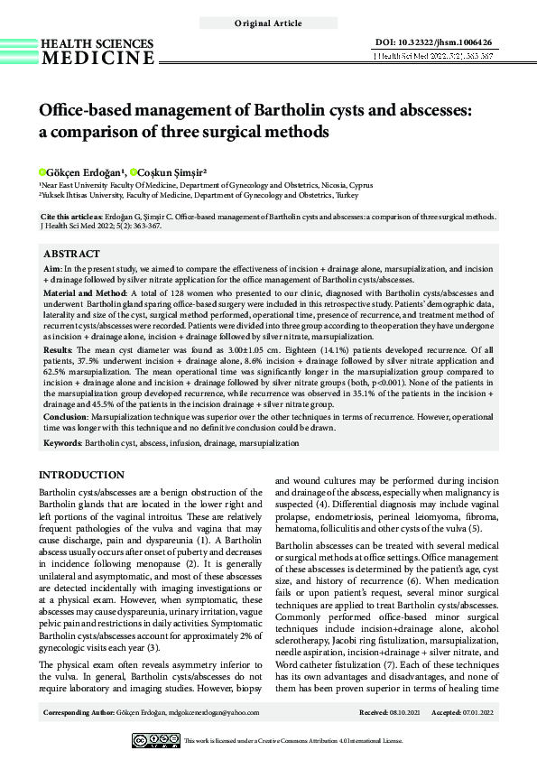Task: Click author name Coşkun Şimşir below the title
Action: (171, 171)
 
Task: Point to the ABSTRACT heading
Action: (72, 254)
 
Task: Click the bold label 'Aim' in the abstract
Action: (52, 268)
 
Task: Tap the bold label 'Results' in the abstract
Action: (59, 347)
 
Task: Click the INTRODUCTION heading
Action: (82, 475)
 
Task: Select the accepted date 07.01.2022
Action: (477, 713)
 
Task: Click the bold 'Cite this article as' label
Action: (79, 218)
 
